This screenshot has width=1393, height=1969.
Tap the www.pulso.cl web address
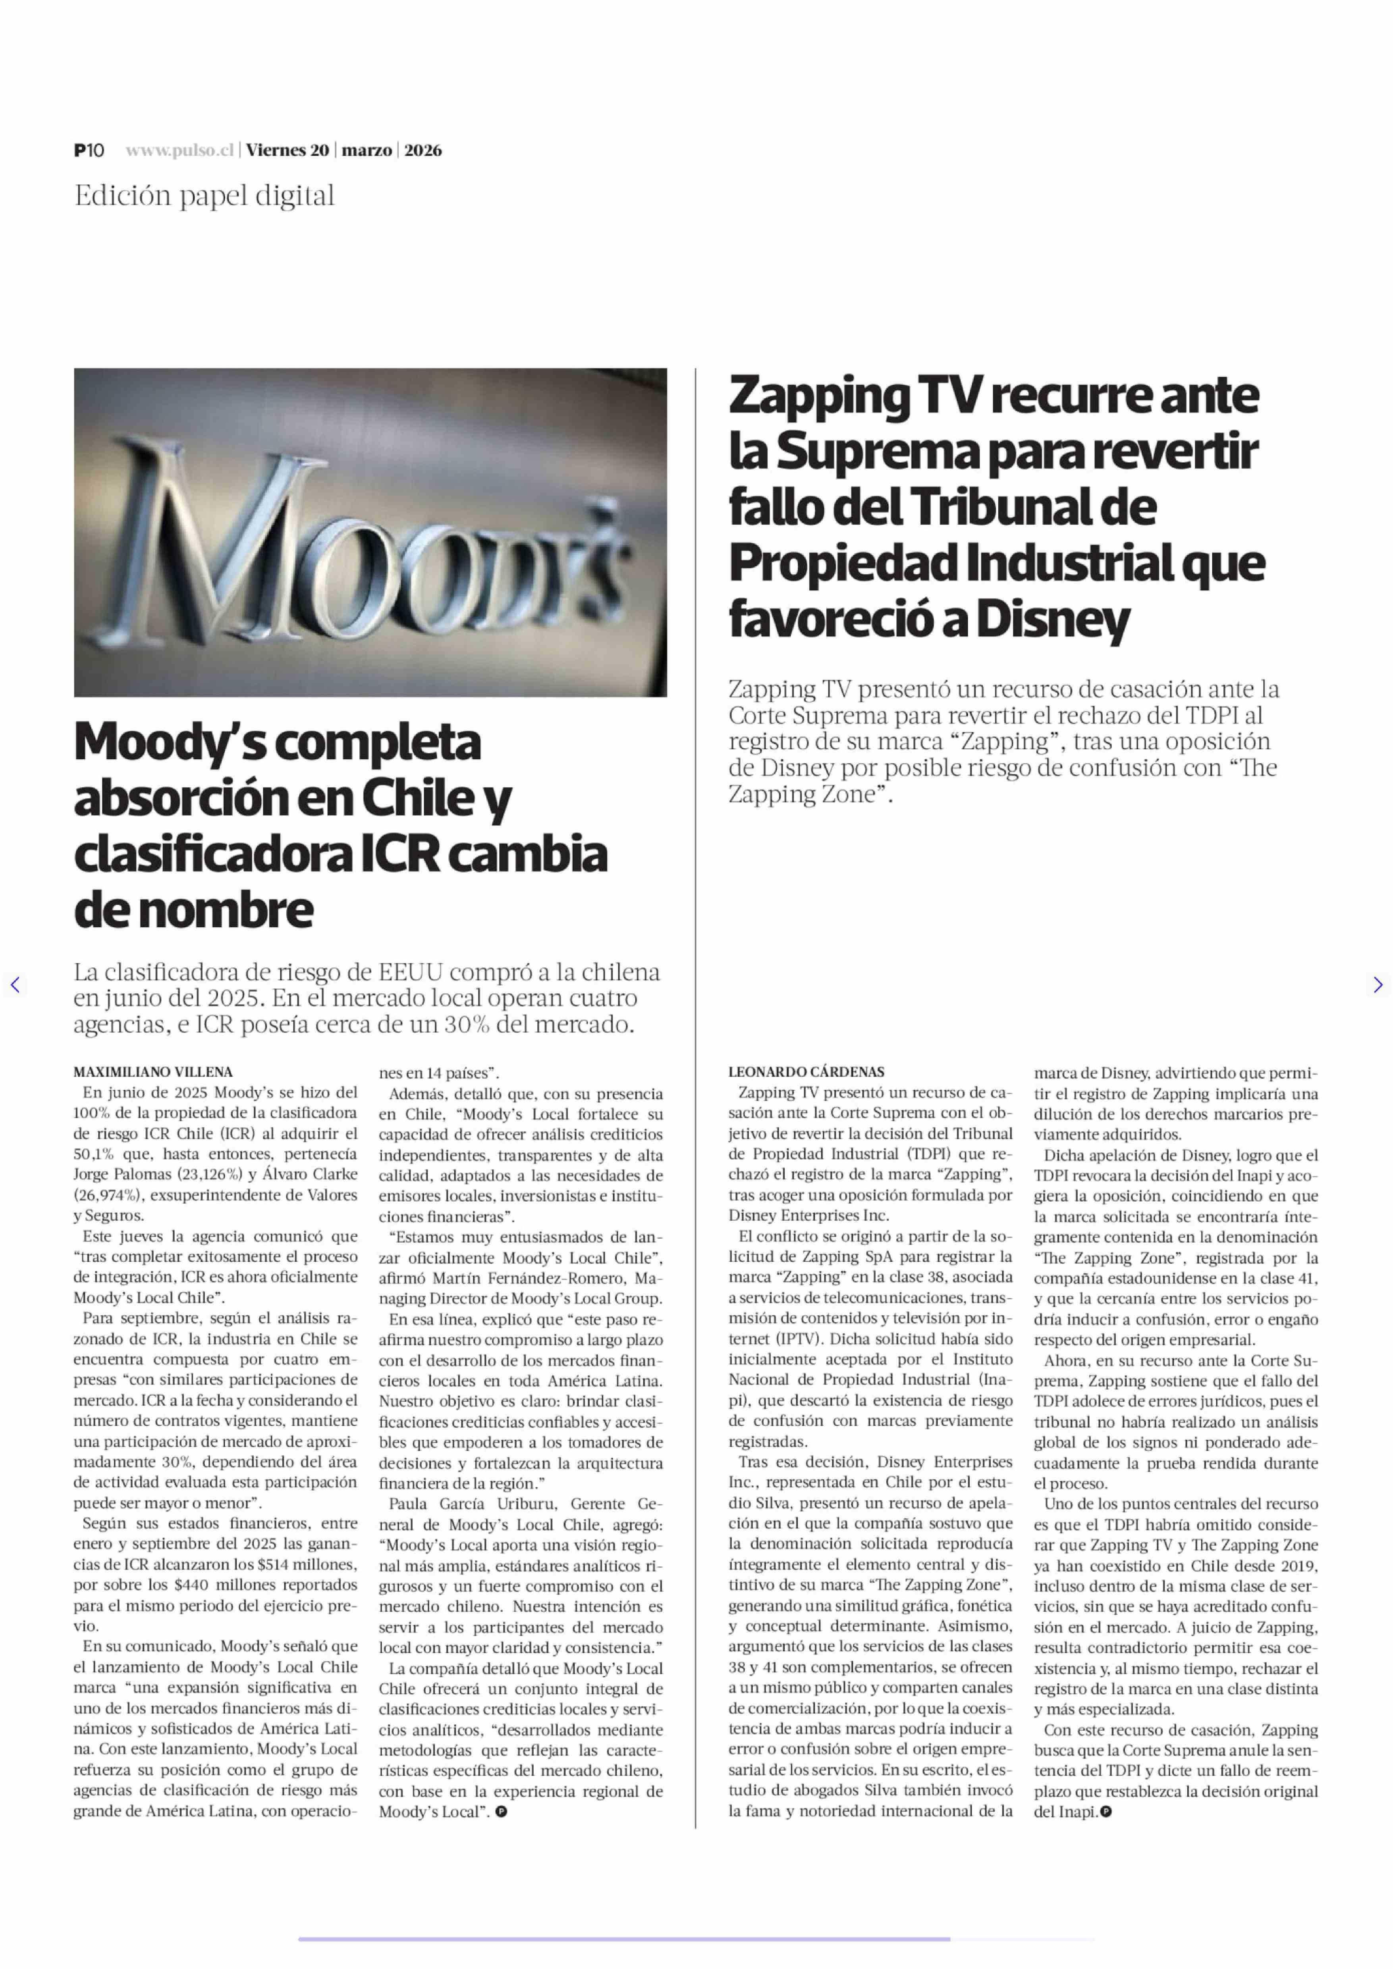pyautogui.click(x=179, y=150)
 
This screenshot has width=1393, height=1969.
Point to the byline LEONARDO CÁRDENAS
pyautogui.click(x=806, y=1071)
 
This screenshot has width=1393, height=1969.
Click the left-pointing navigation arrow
pyautogui.click(x=15, y=985)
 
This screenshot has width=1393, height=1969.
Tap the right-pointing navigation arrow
pyautogui.click(x=1378, y=985)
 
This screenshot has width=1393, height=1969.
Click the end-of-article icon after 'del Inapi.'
pyautogui.click(x=1107, y=1811)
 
